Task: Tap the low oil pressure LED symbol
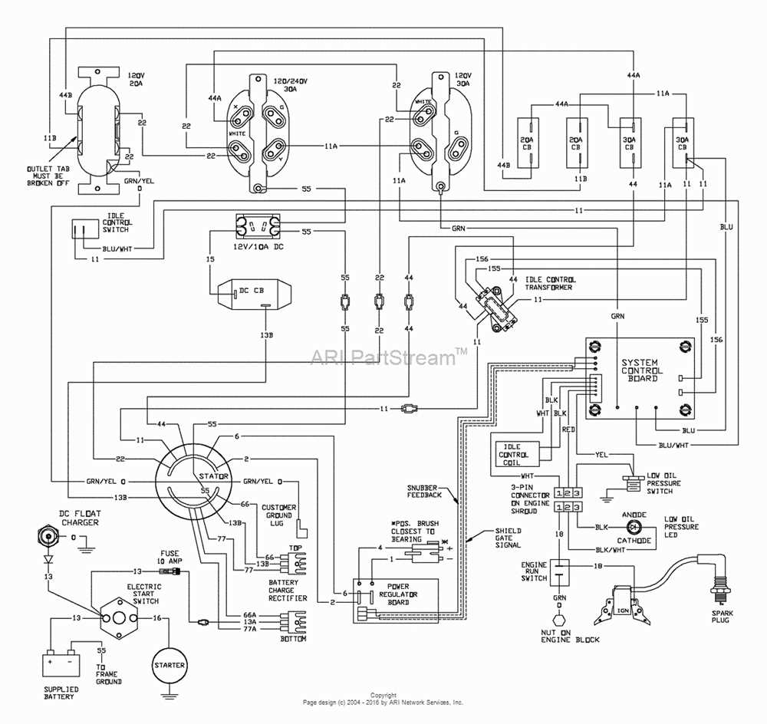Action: coord(633,528)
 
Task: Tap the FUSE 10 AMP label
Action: coord(170,558)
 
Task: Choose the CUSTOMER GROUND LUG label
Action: coord(278,517)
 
